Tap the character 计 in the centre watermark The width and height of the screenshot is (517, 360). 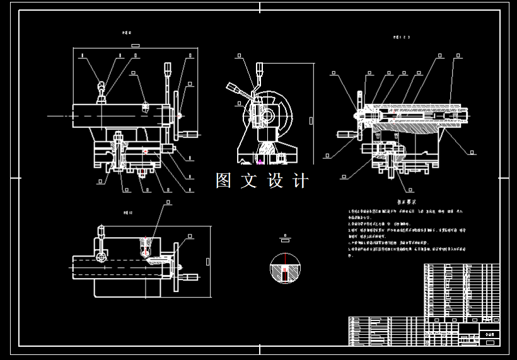tap(301, 181)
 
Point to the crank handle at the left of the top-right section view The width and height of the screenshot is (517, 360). tap(346, 134)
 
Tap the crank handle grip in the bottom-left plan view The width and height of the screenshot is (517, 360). tap(190, 276)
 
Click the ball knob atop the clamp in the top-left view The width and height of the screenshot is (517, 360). tap(101, 86)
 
